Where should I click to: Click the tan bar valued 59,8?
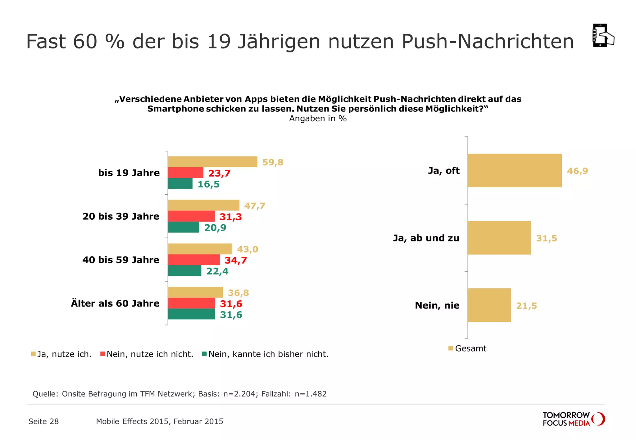tap(212, 162)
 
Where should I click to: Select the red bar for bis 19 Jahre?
tap(185, 173)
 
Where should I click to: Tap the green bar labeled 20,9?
tap(184, 227)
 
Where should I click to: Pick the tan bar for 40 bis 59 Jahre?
tap(200, 249)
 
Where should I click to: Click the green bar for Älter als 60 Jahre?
tap(191, 314)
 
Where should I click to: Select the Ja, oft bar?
tap(515, 170)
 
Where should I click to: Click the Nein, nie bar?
tap(489, 305)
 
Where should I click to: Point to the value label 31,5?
tap(547, 238)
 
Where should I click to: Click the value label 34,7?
tap(236, 260)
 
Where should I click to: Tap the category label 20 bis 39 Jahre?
tap(121, 216)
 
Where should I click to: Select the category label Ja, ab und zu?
tap(426, 238)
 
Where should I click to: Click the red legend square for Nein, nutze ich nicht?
tap(102, 354)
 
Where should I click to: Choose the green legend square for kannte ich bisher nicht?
tap(204, 354)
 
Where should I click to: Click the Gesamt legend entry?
tap(467, 348)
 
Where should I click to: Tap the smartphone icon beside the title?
tap(603, 36)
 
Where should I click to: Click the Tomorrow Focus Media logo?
tap(573, 419)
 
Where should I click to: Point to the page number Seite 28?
tap(43, 421)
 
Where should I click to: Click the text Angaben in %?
tap(318, 119)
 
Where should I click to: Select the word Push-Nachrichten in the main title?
tap(488, 41)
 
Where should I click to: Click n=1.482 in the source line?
tap(310, 394)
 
